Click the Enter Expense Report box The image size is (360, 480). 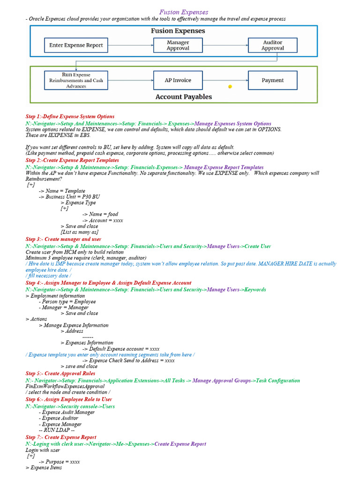point(76,45)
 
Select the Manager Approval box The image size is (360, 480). point(178,45)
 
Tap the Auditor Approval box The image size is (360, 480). point(272,45)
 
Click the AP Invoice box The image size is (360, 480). point(178,80)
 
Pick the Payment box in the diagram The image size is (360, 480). point(272,80)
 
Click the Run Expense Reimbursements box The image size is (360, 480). point(76,80)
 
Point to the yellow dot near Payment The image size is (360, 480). point(230,87)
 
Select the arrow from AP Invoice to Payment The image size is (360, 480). point(225,80)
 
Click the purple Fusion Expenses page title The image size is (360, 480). point(184,12)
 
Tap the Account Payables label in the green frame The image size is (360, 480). point(183,97)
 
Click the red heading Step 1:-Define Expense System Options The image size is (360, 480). point(70,116)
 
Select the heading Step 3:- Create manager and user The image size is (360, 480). point(63,239)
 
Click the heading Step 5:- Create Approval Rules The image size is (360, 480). point(60,374)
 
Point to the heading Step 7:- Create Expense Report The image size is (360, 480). point(61,437)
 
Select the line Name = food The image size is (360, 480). point(100,214)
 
